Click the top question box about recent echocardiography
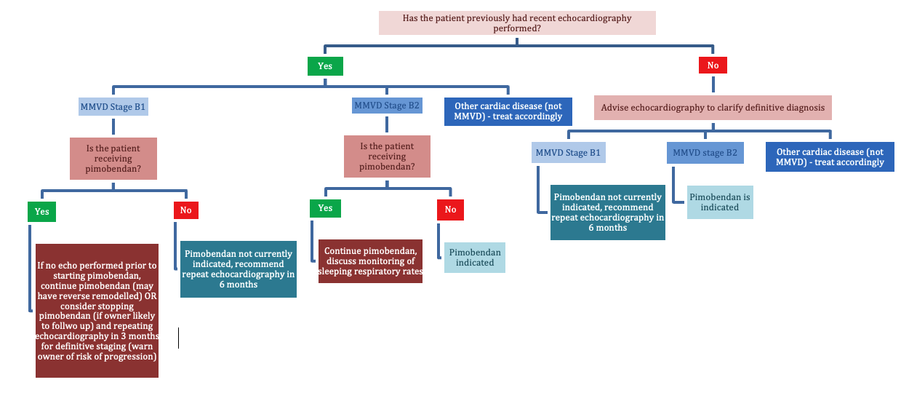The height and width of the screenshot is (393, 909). click(517, 23)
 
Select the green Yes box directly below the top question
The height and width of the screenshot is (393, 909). click(325, 65)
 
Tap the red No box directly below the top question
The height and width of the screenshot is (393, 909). click(713, 65)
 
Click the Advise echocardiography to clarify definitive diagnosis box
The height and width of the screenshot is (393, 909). click(713, 107)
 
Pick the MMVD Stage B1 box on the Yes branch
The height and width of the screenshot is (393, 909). click(113, 107)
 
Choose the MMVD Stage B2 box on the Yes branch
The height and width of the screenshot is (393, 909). click(386, 106)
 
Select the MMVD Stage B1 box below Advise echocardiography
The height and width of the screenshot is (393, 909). click(568, 153)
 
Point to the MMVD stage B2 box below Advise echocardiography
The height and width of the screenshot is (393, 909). click(705, 153)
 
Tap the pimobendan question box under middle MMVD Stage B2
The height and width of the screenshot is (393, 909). click(387, 156)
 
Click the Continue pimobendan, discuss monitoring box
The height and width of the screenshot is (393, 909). click(370, 261)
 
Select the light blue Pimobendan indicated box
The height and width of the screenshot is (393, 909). click(475, 258)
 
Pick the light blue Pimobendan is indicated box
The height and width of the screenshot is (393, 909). click(714, 202)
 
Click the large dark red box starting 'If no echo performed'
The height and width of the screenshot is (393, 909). click(97, 311)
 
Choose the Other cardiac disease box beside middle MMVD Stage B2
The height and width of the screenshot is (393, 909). click(508, 111)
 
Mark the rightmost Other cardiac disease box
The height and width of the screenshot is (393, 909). click(830, 157)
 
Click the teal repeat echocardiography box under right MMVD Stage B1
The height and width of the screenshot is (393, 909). click(608, 212)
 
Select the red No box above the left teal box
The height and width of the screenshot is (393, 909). click(185, 210)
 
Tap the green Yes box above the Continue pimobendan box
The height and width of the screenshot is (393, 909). click(325, 208)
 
